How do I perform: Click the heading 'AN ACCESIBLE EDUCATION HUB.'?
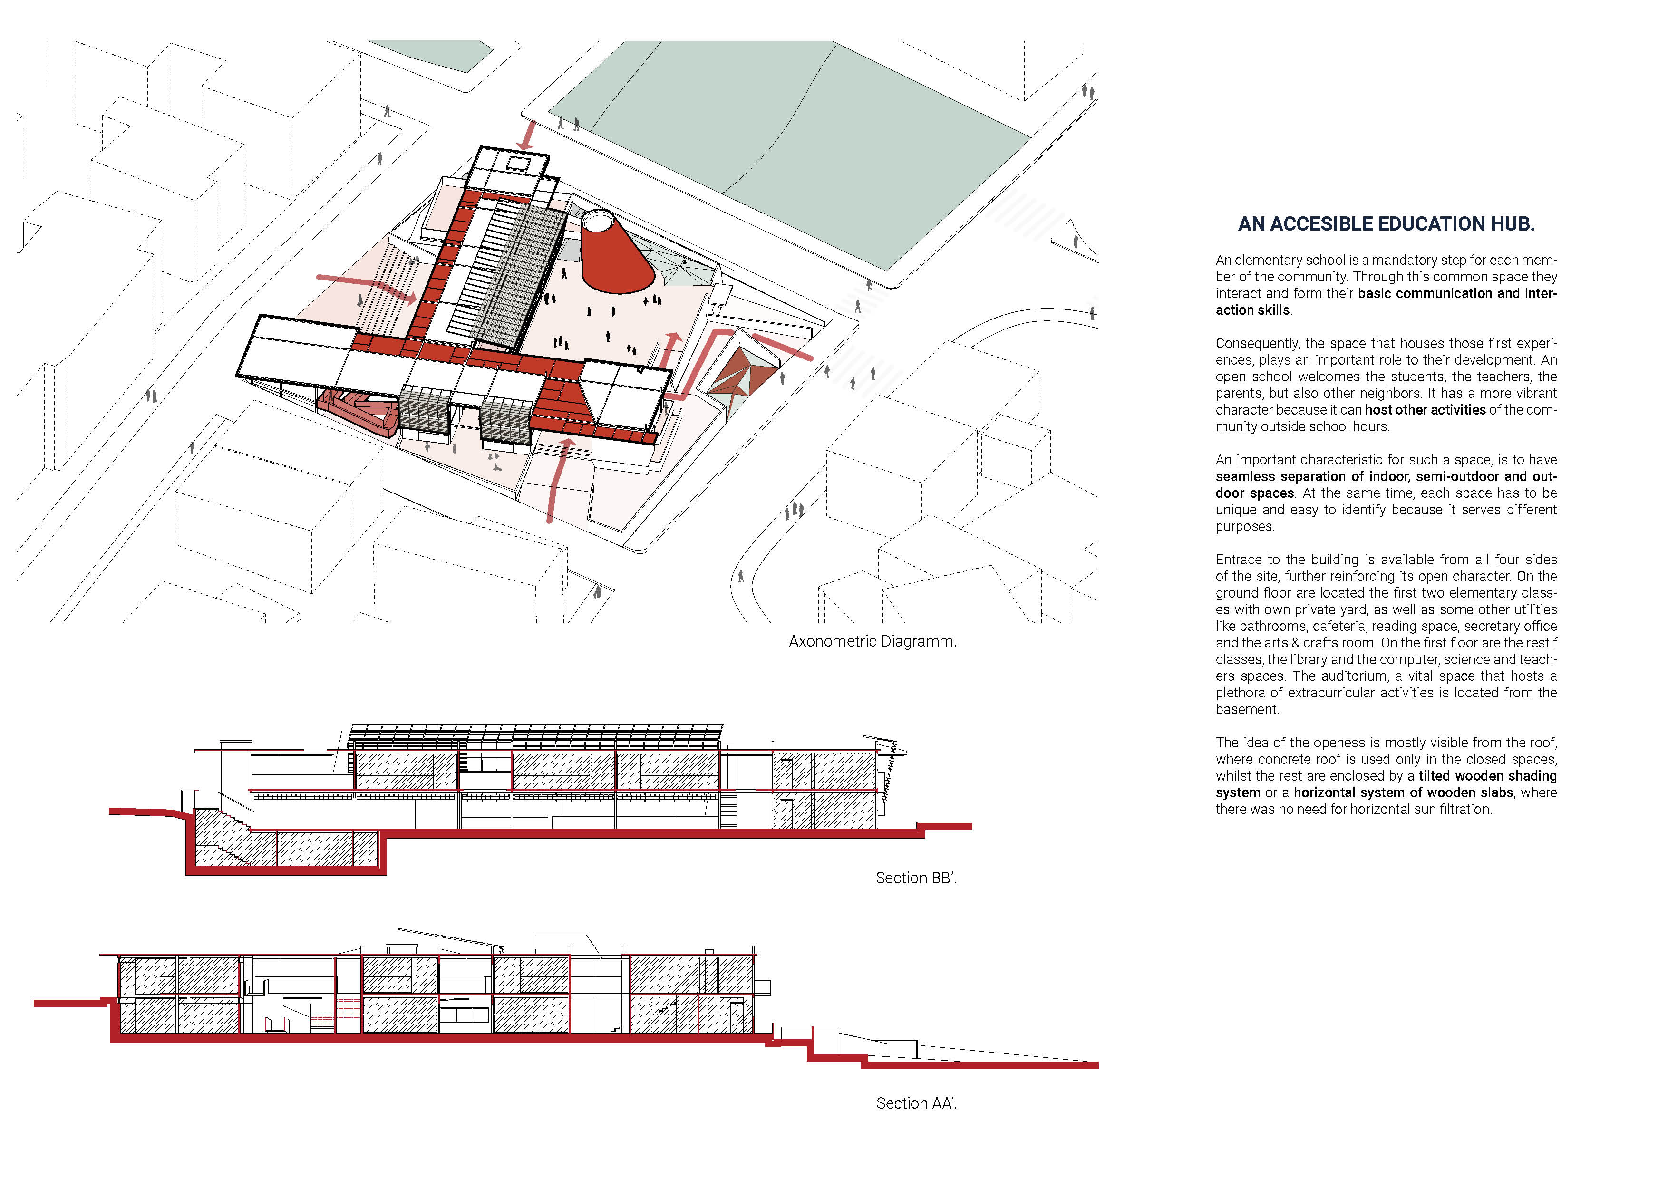[1386, 224]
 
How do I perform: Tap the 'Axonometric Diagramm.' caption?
[873, 641]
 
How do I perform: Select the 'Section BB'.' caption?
[916, 878]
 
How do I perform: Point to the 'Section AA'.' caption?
[916, 1103]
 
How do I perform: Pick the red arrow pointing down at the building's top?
[528, 136]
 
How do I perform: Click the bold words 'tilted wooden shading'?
[1487, 776]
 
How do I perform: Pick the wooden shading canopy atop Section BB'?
[534, 736]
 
